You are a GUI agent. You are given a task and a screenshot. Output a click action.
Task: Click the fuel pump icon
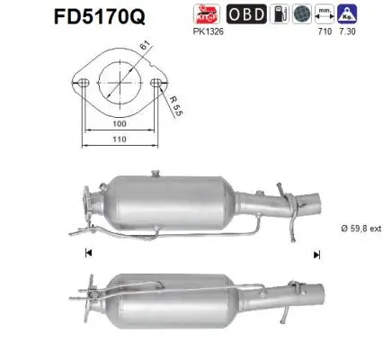281,15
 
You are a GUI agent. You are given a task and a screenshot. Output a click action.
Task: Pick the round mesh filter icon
303,15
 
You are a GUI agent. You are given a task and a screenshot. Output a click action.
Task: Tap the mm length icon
325,15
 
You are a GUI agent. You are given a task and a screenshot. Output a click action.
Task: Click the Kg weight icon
347,15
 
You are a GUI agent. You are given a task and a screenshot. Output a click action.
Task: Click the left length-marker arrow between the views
87,255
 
